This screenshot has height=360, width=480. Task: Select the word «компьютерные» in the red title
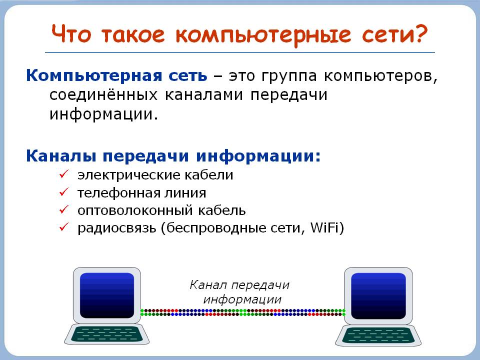pyautogui.click(x=263, y=35)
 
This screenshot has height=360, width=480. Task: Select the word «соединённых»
pyautogui.click(x=103, y=95)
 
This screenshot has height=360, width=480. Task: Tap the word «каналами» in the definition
pyautogui.click(x=204, y=95)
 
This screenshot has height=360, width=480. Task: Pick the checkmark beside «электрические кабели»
pyautogui.click(x=64, y=174)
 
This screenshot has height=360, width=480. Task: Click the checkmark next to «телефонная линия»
pyautogui.click(x=64, y=192)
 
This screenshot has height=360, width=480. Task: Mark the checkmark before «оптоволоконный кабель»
pyautogui.click(x=64, y=209)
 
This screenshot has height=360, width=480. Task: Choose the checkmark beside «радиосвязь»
pyautogui.click(x=64, y=227)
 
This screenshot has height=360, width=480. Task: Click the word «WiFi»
pyautogui.click(x=324, y=227)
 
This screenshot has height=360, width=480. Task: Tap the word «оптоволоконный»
pyautogui.click(x=134, y=211)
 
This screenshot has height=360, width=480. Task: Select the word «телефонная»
pyautogui.click(x=119, y=193)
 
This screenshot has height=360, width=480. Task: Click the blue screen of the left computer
pyautogui.click(x=107, y=295)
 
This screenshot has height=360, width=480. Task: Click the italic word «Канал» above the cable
pyautogui.click(x=208, y=285)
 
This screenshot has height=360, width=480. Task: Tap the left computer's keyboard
pyautogui.click(x=107, y=334)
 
